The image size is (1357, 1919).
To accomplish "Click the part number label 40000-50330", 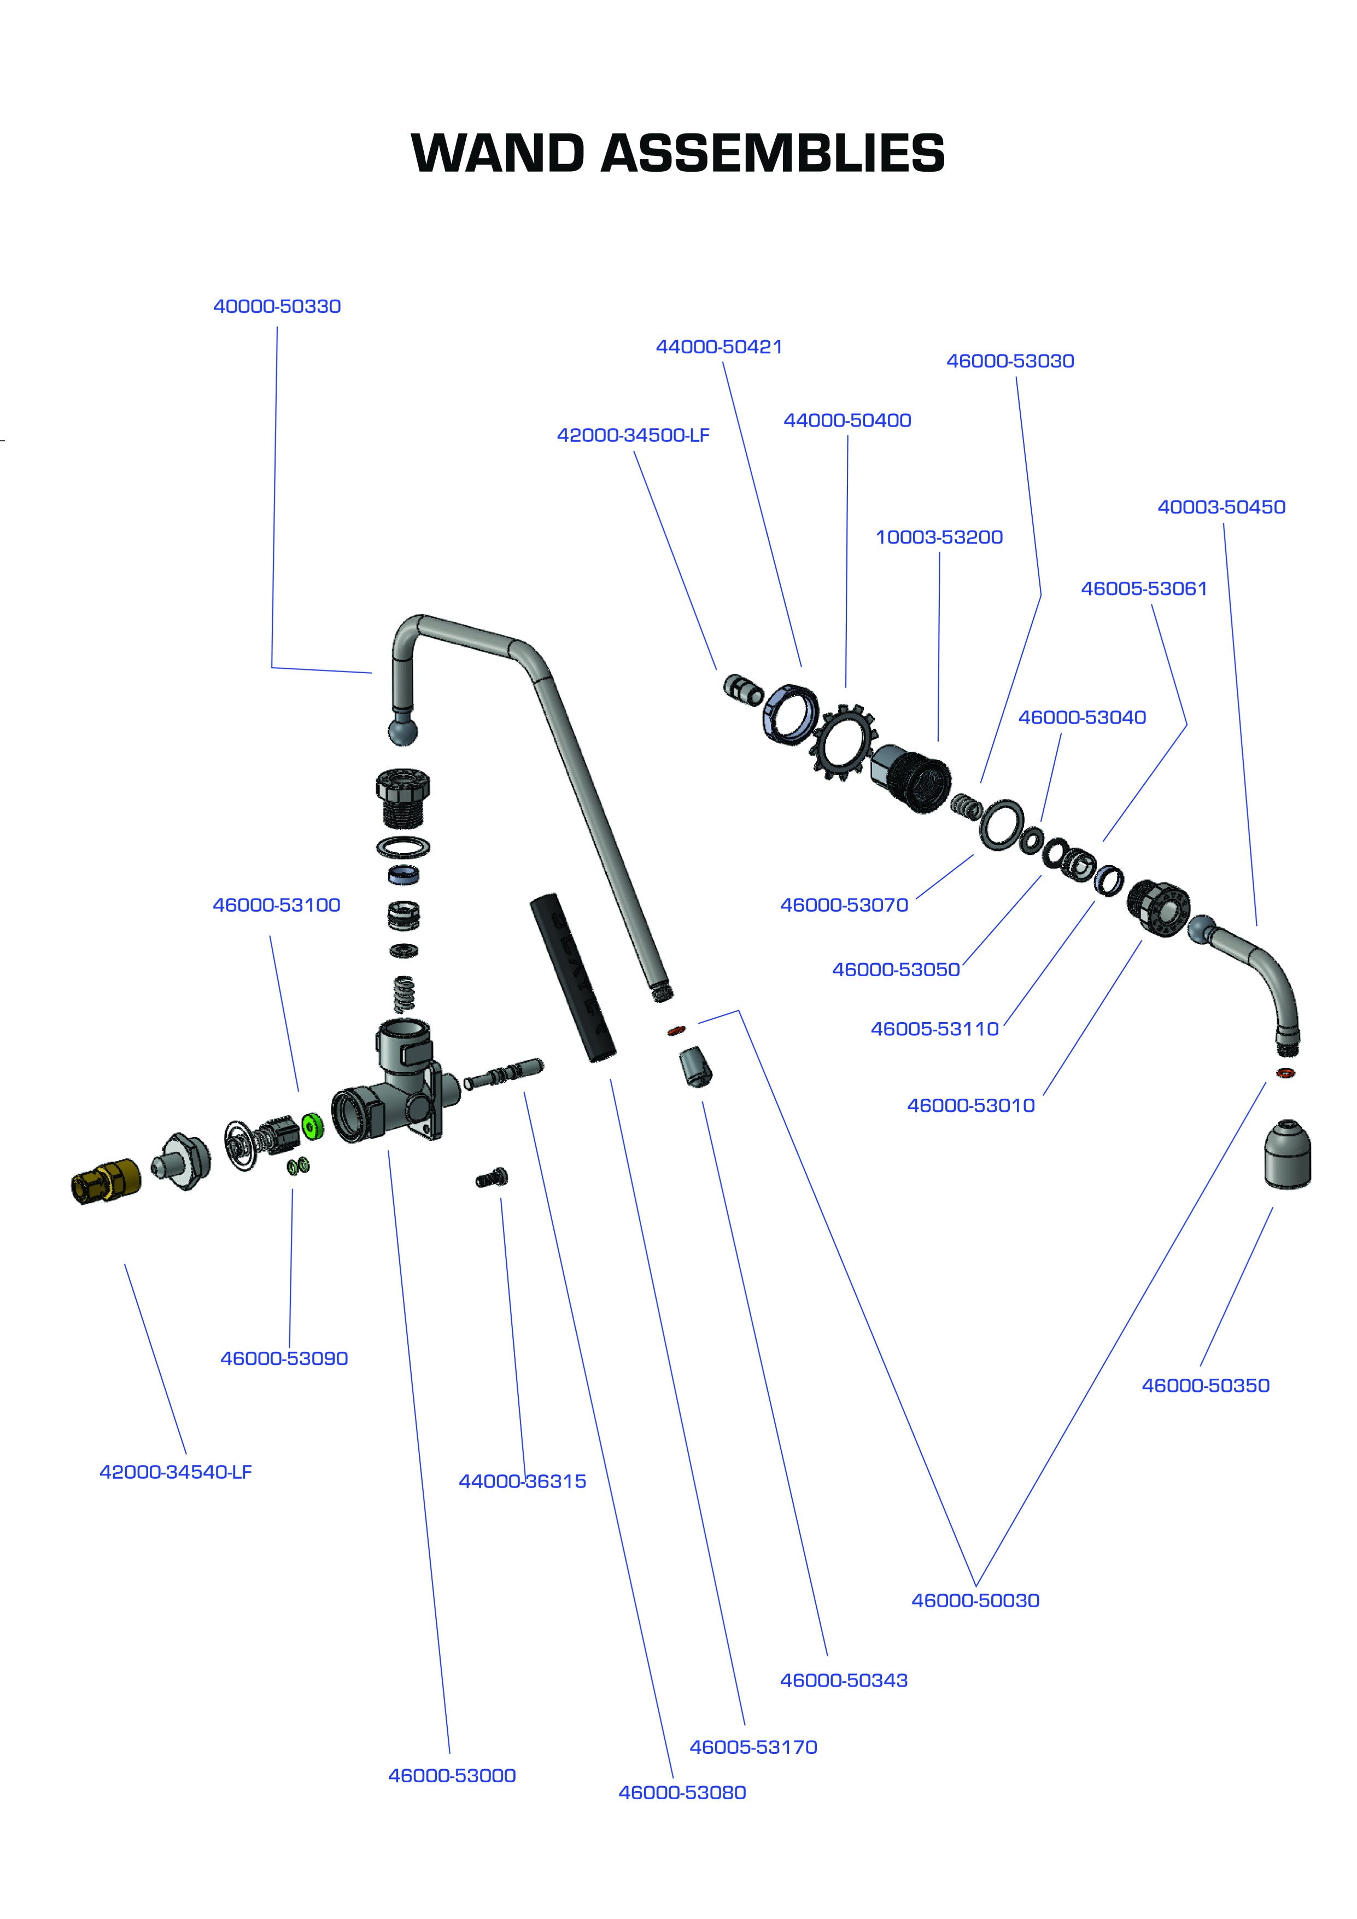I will (x=277, y=307).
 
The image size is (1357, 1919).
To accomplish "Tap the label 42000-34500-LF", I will (x=633, y=435).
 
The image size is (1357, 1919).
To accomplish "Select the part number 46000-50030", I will (x=975, y=1601).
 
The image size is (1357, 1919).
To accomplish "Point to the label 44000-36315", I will (x=522, y=1481).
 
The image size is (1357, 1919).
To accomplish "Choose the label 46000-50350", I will (x=1205, y=1385).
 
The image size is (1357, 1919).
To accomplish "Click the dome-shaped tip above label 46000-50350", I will (x=1287, y=1153).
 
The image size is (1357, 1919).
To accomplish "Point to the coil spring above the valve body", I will (x=403, y=993).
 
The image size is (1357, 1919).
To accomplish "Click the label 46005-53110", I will (x=934, y=1029).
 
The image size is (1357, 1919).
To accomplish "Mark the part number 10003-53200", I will (x=938, y=538).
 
